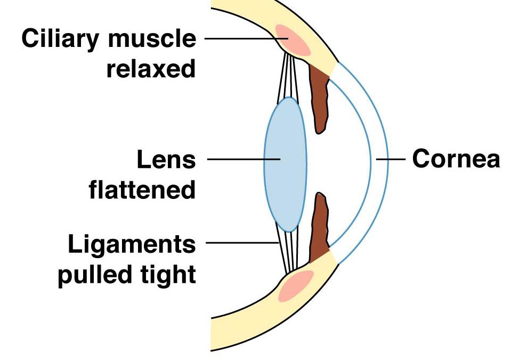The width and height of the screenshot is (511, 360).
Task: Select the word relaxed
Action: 151,69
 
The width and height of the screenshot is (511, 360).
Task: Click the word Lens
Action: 166,159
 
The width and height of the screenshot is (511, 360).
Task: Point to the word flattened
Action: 142,189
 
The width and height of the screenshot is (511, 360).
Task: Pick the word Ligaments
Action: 132,245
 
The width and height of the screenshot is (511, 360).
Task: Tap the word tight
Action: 169,275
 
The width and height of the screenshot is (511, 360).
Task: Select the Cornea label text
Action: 456,159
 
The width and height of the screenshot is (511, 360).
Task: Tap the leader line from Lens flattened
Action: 242,159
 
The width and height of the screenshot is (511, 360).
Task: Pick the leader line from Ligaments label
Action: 240,243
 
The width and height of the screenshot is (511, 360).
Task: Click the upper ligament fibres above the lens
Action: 288,75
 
